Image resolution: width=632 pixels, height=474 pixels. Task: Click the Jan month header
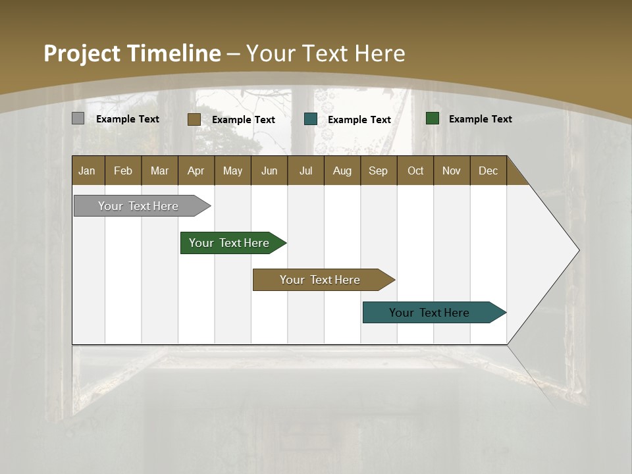88,171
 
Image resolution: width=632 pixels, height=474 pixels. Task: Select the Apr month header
196,171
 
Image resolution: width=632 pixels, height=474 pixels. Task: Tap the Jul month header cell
305,171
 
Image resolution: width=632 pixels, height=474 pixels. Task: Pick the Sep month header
379,171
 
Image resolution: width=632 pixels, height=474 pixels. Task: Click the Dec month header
488,171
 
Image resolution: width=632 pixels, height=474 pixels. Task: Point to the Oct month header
415,171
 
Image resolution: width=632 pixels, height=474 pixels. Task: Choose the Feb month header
123,171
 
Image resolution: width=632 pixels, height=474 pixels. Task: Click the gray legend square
78,118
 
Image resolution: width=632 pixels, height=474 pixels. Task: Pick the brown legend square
194,119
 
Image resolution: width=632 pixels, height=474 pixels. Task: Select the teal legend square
311,119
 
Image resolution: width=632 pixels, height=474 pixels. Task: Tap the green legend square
433,118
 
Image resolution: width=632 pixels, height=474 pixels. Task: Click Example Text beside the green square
480,119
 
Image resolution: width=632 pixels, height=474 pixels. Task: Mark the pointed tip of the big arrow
578,250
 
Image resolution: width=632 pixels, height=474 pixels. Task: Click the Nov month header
452,171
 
